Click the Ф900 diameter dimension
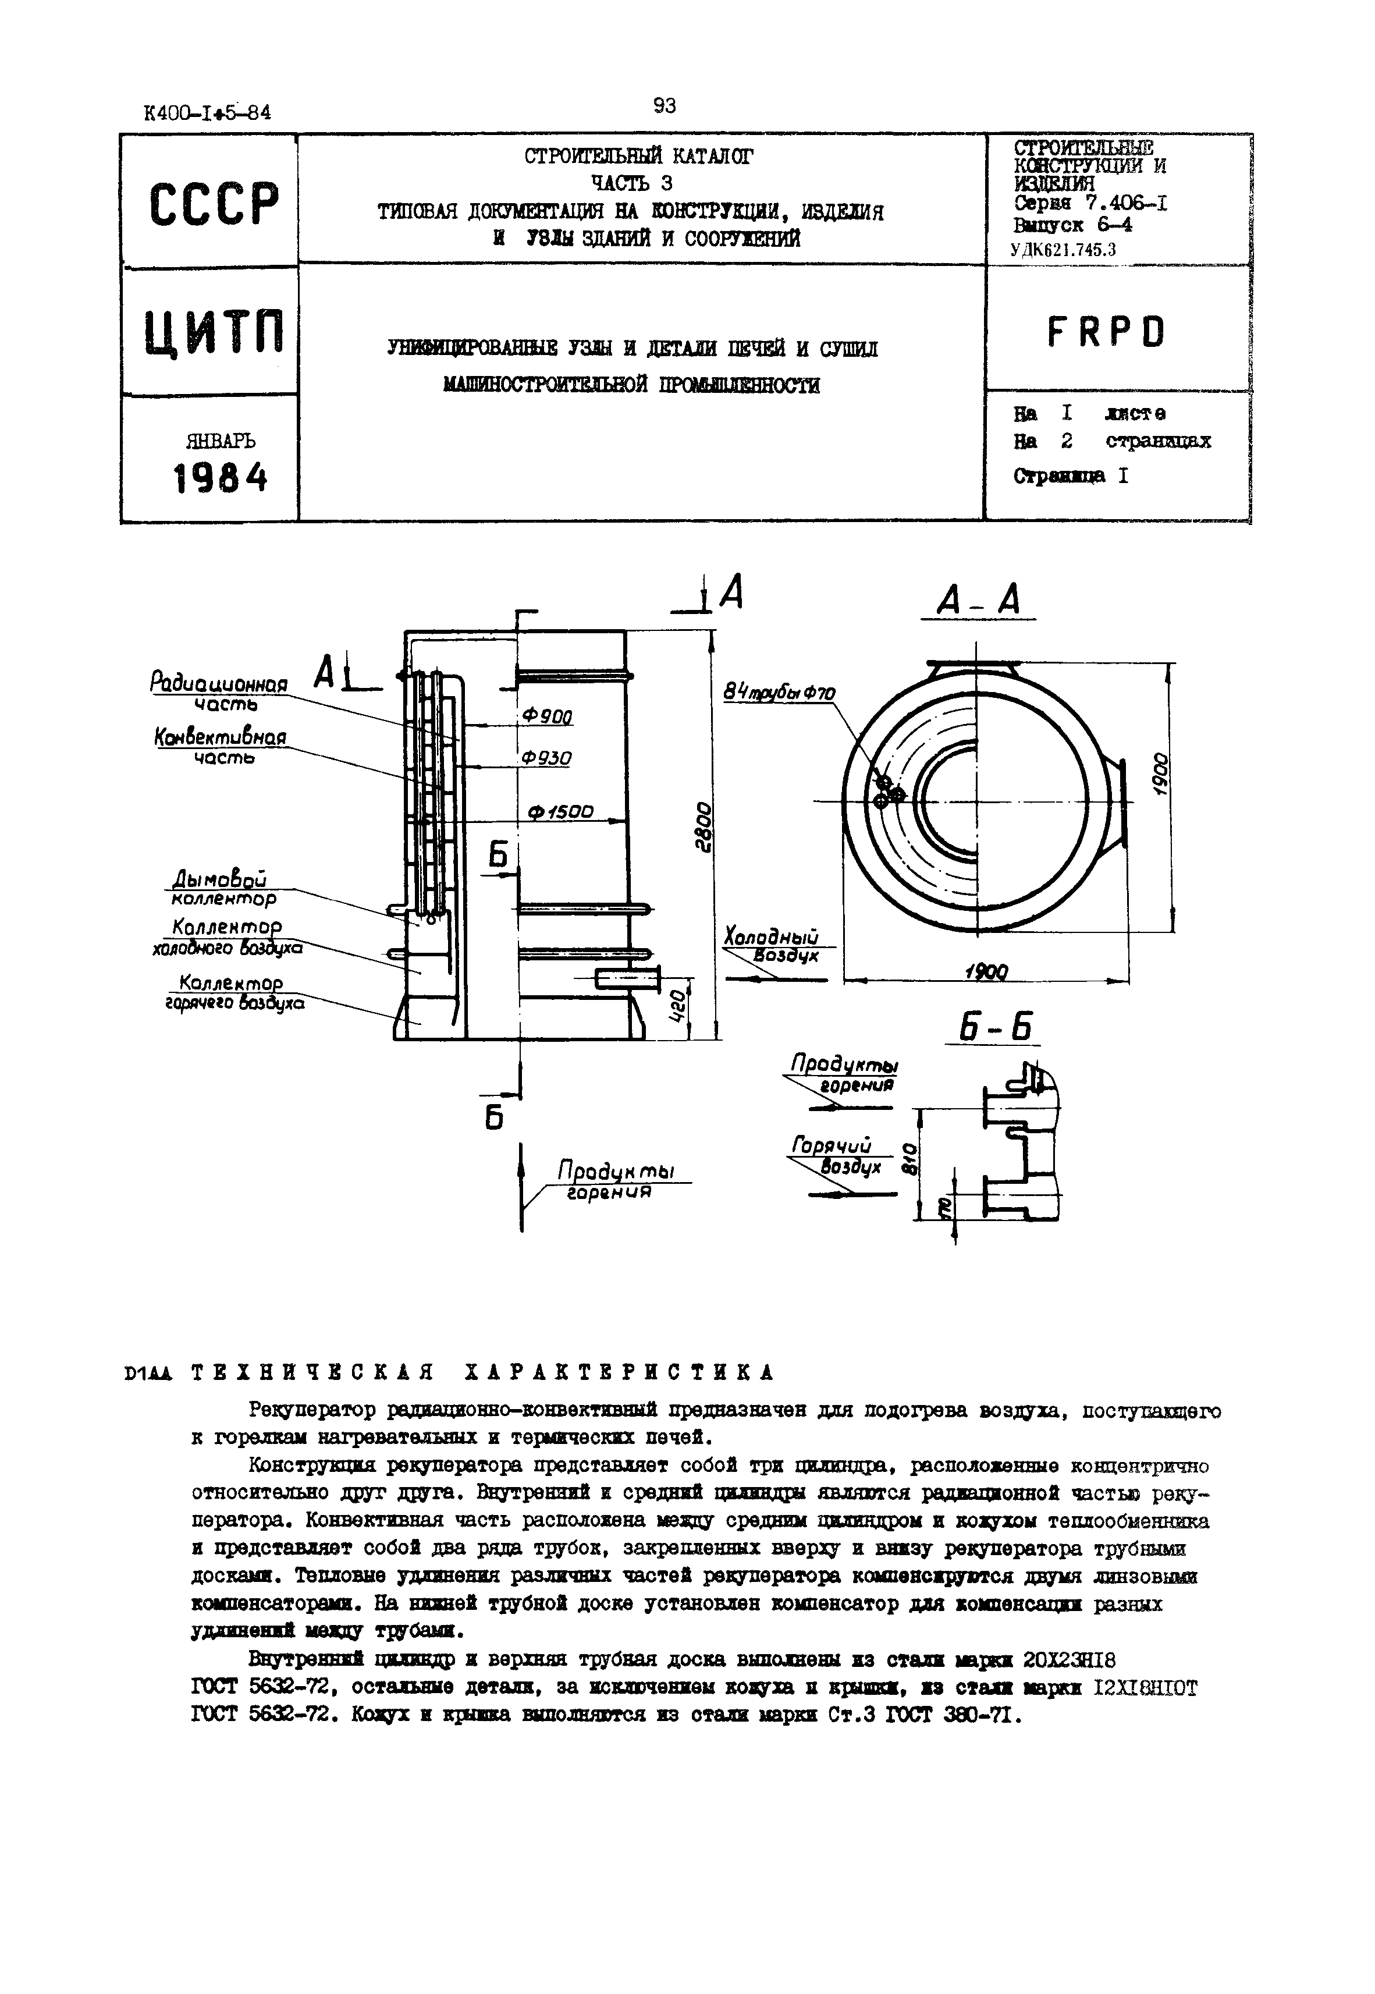548,717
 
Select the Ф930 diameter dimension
547,758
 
